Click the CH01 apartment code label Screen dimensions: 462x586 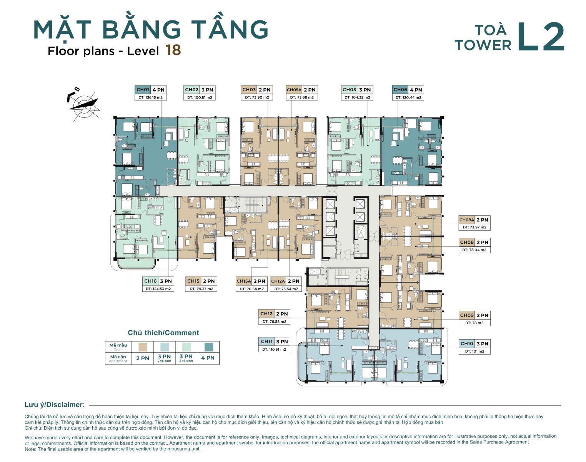[x=143, y=90]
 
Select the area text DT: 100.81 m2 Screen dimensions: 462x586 [x=200, y=97]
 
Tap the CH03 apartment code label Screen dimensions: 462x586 [x=249, y=90]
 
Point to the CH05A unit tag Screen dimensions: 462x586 [x=294, y=90]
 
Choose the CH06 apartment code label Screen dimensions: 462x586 [x=400, y=90]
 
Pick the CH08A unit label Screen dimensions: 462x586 [x=466, y=220]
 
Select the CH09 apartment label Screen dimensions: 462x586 [x=467, y=315]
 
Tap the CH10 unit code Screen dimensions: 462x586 [x=467, y=343]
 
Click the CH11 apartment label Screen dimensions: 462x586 [x=266, y=341]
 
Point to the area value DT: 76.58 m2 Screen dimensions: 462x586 [x=274, y=321]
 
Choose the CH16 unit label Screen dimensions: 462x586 [x=150, y=281]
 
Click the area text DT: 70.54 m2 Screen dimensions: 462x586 [x=251, y=289]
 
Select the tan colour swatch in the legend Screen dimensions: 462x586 [x=143, y=346]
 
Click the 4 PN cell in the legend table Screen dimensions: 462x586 [x=208, y=358]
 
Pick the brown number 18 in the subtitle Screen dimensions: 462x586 [x=173, y=50]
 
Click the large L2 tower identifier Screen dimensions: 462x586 [x=540, y=37]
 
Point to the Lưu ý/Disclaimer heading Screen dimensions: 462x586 [x=54, y=405]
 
